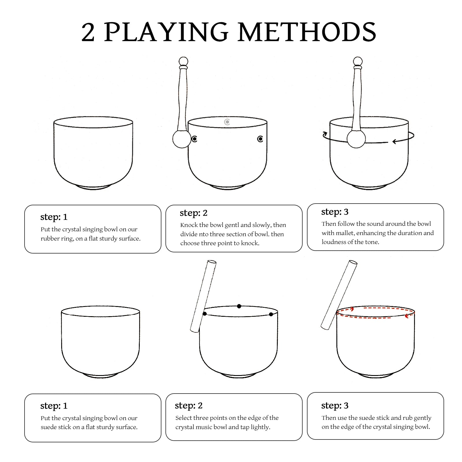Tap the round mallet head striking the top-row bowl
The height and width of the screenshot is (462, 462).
point(182,139)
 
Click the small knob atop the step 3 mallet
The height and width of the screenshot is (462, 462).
point(358,61)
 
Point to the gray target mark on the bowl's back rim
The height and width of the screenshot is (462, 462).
point(227,122)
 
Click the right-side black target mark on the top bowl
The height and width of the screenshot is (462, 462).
point(260,139)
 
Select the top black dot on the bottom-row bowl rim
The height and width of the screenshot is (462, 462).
point(239,306)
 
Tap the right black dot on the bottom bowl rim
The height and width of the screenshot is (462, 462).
point(271,314)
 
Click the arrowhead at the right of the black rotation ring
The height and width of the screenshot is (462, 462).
point(394,141)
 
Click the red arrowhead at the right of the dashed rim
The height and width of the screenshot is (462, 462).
point(407,316)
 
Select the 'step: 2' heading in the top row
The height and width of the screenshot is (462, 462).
point(193,213)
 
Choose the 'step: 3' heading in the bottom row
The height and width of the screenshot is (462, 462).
point(335,405)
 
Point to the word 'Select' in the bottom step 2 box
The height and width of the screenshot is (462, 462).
point(184,418)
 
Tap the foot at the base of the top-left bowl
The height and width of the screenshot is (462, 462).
point(93,188)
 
